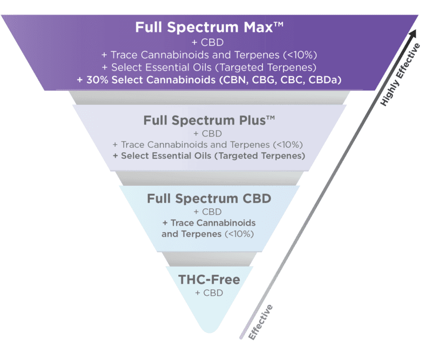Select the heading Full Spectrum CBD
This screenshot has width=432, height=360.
click(209, 198)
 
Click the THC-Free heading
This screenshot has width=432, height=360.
click(209, 280)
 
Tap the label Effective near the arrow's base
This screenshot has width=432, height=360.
click(260, 322)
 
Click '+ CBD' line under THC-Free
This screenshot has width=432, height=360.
click(209, 293)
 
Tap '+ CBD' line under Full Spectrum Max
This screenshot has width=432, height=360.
click(209, 42)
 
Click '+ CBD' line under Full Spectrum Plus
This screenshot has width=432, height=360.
click(209, 133)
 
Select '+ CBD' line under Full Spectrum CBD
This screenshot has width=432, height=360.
click(209, 211)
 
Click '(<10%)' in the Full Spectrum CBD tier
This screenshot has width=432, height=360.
click(239, 234)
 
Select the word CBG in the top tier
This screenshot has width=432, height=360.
click(262, 79)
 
